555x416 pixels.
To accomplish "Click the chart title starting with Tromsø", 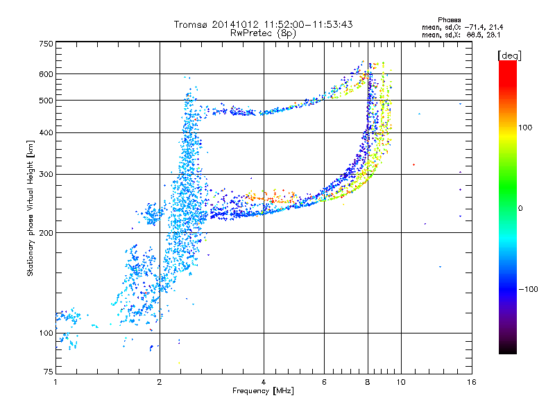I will (x=263, y=24).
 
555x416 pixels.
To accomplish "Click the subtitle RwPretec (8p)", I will (x=264, y=33).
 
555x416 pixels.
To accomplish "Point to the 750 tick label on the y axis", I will (x=46, y=44).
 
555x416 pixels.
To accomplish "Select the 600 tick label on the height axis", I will (x=46, y=74).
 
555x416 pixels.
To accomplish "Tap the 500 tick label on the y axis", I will (x=46, y=101).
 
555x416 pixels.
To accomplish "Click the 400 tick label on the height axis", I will (x=46, y=132).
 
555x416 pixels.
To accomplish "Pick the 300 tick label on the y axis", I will (x=46, y=174).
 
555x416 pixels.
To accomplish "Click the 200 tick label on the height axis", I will (x=46, y=233).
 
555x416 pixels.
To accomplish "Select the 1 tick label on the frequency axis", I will (x=55, y=382).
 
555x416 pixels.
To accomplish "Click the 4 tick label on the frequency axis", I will (x=264, y=382).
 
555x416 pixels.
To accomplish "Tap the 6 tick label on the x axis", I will (x=324, y=382).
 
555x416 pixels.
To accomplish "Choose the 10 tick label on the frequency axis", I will (x=400, y=382).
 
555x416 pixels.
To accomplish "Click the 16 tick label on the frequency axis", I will (x=471, y=382).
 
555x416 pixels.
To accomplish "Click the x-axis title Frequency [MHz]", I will (x=263, y=391).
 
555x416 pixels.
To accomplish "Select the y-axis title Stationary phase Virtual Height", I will (x=31, y=208).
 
